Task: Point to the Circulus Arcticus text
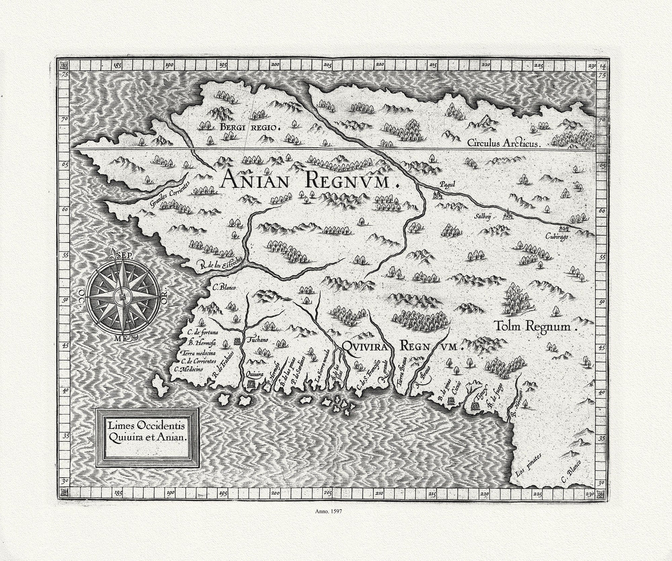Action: click(x=499, y=143)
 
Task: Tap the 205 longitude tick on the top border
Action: click(x=329, y=65)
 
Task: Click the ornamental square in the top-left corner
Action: click(x=64, y=65)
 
